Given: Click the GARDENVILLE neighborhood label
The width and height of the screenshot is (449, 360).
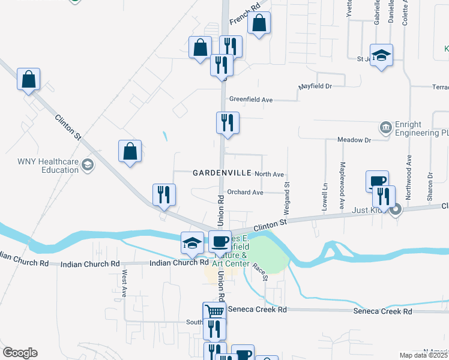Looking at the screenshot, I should (221, 173).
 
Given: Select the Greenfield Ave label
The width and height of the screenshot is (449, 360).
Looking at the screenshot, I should (251, 100).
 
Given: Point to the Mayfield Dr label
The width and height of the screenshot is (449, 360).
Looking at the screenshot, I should (315, 86).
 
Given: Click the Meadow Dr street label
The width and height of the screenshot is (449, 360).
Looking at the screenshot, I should (355, 140).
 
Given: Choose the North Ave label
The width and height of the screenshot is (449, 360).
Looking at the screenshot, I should (269, 174).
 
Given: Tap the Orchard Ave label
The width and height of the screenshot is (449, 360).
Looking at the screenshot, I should (245, 193).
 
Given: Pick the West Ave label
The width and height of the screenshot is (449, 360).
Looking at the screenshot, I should (124, 284).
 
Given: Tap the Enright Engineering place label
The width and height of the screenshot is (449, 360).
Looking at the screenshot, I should (420, 128).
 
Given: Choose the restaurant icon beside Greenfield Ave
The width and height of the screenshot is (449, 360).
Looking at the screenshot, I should (228, 124).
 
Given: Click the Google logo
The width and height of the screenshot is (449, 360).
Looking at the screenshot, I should (19, 353).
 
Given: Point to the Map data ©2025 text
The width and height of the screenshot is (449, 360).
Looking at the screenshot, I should (424, 355).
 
